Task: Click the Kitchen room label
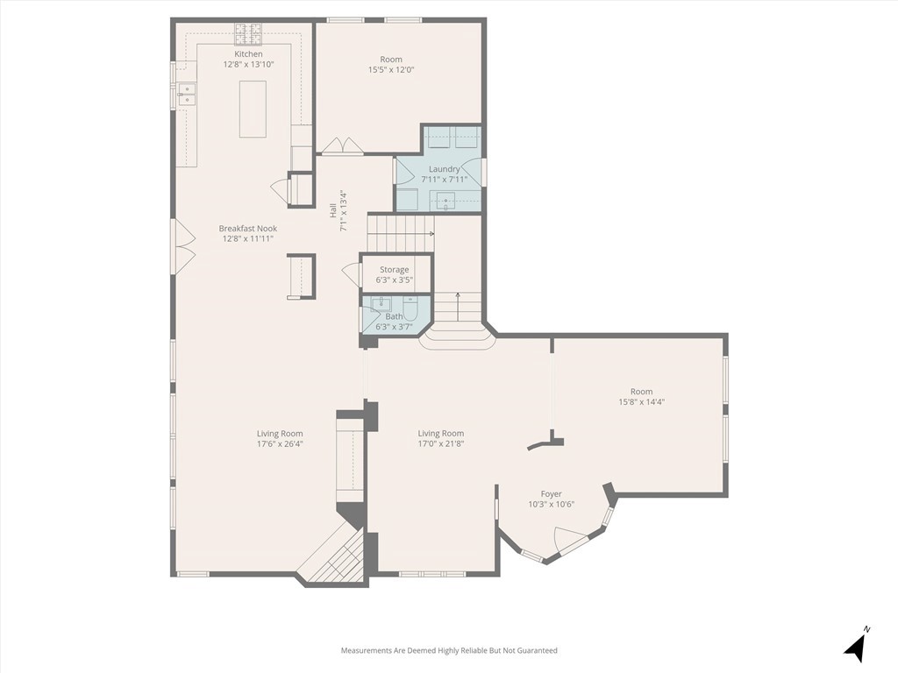(242, 54)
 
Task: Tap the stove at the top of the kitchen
(247, 34)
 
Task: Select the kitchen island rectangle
(253, 109)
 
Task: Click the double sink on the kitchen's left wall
(186, 94)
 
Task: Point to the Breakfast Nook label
(248, 229)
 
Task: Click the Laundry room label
(444, 169)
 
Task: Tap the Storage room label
(394, 270)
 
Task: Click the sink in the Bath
(380, 304)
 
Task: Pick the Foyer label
(551, 494)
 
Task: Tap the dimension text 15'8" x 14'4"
(641, 402)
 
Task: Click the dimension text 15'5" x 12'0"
(391, 70)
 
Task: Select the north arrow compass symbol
(856, 646)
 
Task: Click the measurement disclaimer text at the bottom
(449, 650)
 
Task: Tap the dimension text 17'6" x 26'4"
(280, 443)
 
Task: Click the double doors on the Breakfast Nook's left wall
(184, 245)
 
